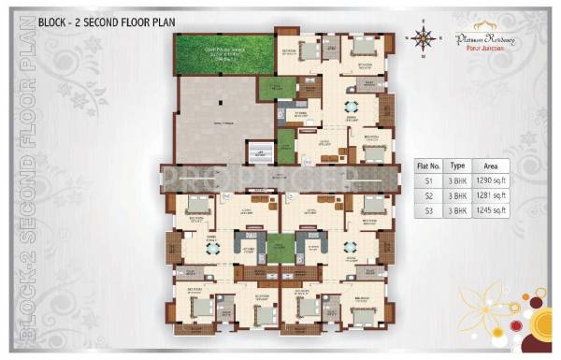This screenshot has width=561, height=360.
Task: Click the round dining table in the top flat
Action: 352,105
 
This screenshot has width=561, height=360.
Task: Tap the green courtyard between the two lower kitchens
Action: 280,248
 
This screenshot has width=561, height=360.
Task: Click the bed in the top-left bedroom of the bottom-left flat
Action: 196,206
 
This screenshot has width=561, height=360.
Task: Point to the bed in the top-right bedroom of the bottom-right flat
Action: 372,207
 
